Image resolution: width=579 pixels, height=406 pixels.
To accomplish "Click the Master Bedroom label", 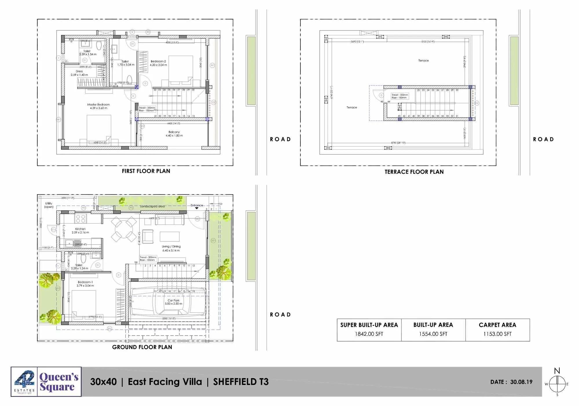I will coord(98,105).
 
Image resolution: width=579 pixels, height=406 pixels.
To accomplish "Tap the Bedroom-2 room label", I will coord(158,61).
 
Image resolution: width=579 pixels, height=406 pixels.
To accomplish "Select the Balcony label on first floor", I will coord(174,132).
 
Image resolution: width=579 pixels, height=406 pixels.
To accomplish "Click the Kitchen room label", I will coord(80,229).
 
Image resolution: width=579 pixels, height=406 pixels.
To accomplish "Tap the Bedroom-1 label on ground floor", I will coord(85,282).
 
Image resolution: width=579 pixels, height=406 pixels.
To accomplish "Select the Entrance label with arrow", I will coord(197,205).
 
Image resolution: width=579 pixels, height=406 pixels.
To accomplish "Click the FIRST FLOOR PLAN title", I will coord(146,171).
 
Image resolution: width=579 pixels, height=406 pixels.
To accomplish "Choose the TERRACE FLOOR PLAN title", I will coord(414,172).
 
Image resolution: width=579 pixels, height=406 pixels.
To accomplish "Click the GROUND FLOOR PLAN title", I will coord(142,347).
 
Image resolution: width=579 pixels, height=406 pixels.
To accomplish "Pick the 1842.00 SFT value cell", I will coord(369,334).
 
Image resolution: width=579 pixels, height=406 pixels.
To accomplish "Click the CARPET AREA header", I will coord(497,325).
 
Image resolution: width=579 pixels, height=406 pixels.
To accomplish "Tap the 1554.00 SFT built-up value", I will coord(433,334).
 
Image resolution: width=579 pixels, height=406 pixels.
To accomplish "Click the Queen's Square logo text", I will coord(59,382).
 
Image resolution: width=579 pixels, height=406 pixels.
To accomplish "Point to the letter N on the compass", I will coord(557,371).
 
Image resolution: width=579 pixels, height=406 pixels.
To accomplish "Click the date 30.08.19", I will coord(521,382).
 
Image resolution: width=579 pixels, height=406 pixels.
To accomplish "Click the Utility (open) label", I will coord(49,205).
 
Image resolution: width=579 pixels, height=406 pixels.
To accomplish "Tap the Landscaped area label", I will coord(152,206).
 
